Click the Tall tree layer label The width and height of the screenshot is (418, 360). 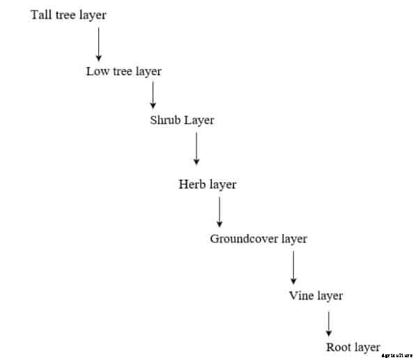click(x=68, y=15)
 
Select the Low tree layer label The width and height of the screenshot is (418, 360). click(x=123, y=71)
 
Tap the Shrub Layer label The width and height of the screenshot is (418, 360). click(x=182, y=120)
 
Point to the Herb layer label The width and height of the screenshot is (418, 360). click(x=207, y=185)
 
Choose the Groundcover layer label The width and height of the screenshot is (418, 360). click(x=258, y=239)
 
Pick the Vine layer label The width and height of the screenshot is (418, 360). click(x=316, y=296)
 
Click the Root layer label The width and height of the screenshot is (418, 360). click(x=353, y=347)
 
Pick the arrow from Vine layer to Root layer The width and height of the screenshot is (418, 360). click(x=329, y=323)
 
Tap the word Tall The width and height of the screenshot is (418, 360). click(x=39, y=15)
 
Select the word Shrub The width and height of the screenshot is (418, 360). click(x=165, y=120)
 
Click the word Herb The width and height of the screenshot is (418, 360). click(x=191, y=185)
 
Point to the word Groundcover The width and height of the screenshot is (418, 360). click(x=245, y=239)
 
